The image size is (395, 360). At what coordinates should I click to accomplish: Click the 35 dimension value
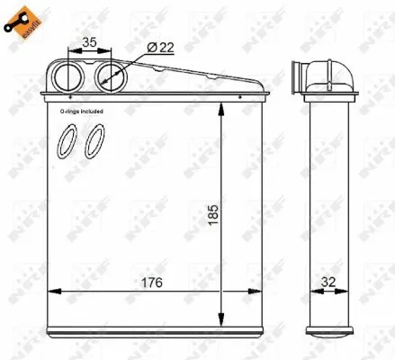(89, 41)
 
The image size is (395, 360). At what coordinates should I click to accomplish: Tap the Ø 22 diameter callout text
(159, 49)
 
